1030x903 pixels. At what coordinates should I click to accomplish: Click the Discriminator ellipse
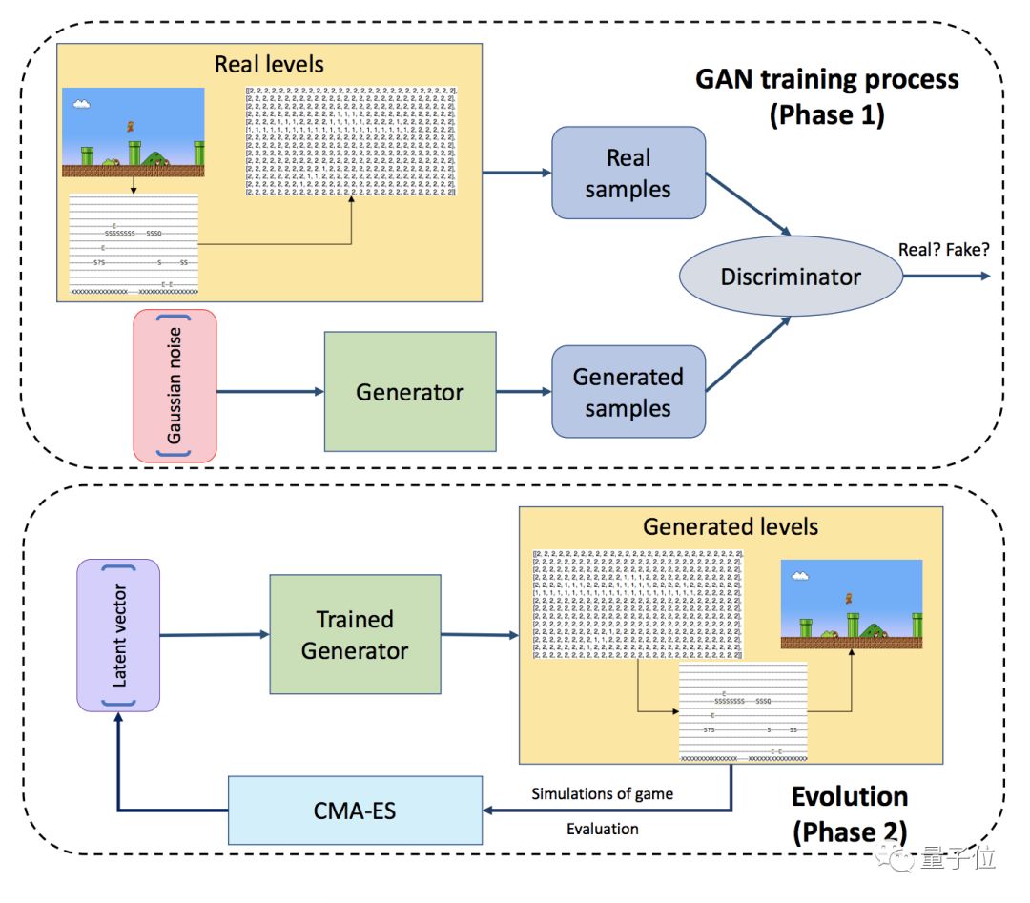click(x=790, y=277)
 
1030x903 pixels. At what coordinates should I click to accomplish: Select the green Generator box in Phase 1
click(x=410, y=392)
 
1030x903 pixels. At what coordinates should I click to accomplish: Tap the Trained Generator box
click(x=355, y=634)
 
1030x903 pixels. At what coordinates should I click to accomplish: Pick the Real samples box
click(x=628, y=173)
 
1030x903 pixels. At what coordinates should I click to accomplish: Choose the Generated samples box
click(x=628, y=392)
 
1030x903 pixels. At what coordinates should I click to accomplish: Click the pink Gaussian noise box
click(x=175, y=386)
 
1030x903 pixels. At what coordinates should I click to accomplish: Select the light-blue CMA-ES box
click(x=355, y=810)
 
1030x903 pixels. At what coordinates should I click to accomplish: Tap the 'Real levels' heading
click(x=269, y=65)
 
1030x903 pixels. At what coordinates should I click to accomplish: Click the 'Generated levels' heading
click(x=731, y=526)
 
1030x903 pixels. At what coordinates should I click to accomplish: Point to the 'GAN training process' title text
click(x=827, y=80)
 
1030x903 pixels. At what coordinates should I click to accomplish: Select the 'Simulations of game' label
click(x=602, y=793)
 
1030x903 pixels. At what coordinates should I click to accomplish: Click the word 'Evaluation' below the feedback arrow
click(x=602, y=829)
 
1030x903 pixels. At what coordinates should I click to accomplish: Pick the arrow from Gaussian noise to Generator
click(x=271, y=391)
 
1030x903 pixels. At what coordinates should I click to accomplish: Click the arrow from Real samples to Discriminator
click(x=750, y=204)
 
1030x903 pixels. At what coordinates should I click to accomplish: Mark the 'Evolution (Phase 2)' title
click(x=849, y=813)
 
